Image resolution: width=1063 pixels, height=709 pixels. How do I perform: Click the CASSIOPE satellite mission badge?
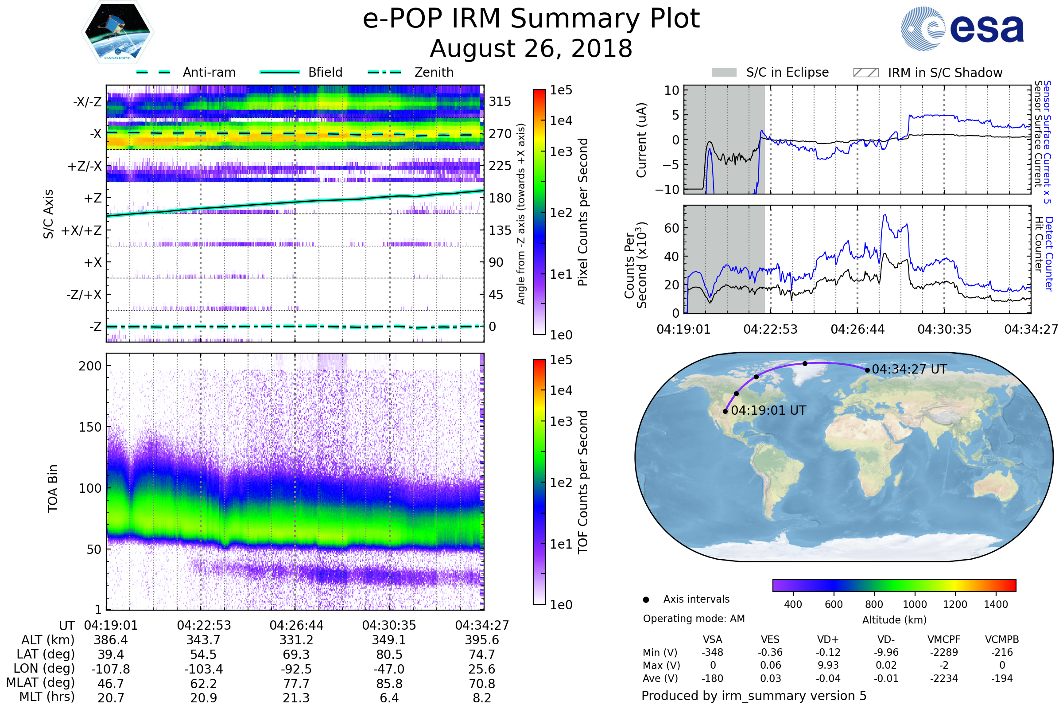pyautogui.click(x=117, y=31)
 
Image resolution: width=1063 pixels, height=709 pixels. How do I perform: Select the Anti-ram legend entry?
pyautogui.click(x=186, y=72)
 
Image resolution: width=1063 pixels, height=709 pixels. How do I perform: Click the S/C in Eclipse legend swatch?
pyautogui.click(x=724, y=73)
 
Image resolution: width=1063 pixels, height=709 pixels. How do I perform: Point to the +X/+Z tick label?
pyautogui.click(x=81, y=230)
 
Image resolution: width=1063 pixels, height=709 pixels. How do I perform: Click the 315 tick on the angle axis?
pyautogui.click(x=500, y=101)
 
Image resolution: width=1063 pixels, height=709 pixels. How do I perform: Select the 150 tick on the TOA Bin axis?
pyautogui.click(x=90, y=427)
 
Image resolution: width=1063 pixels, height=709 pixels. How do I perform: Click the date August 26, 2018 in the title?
pyautogui.click(x=531, y=48)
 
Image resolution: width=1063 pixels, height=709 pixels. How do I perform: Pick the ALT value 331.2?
pyautogui.click(x=296, y=640)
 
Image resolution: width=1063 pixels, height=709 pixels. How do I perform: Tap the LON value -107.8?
pyautogui.click(x=111, y=669)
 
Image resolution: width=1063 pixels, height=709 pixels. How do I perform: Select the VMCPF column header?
pyautogui.click(x=944, y=640)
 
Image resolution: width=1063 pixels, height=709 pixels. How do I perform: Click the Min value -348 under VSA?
pyautogui.click(x=712, y=652)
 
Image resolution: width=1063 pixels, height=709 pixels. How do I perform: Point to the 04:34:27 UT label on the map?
pyautogui.click(x=909, y=370)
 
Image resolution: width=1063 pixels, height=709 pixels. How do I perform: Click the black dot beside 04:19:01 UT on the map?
pyautogui.click(x=725, y=412)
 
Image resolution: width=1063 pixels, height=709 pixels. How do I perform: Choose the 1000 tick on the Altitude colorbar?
pyautogui.click(x=915, y=604)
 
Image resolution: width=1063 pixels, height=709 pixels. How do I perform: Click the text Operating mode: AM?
pyautogui.click(x=694, y=619)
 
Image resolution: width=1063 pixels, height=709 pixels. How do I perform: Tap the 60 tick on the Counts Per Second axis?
pyautogui.click(x=671, y=228)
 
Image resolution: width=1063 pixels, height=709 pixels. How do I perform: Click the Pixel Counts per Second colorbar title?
pyautogui.click(x=583, y=212)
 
